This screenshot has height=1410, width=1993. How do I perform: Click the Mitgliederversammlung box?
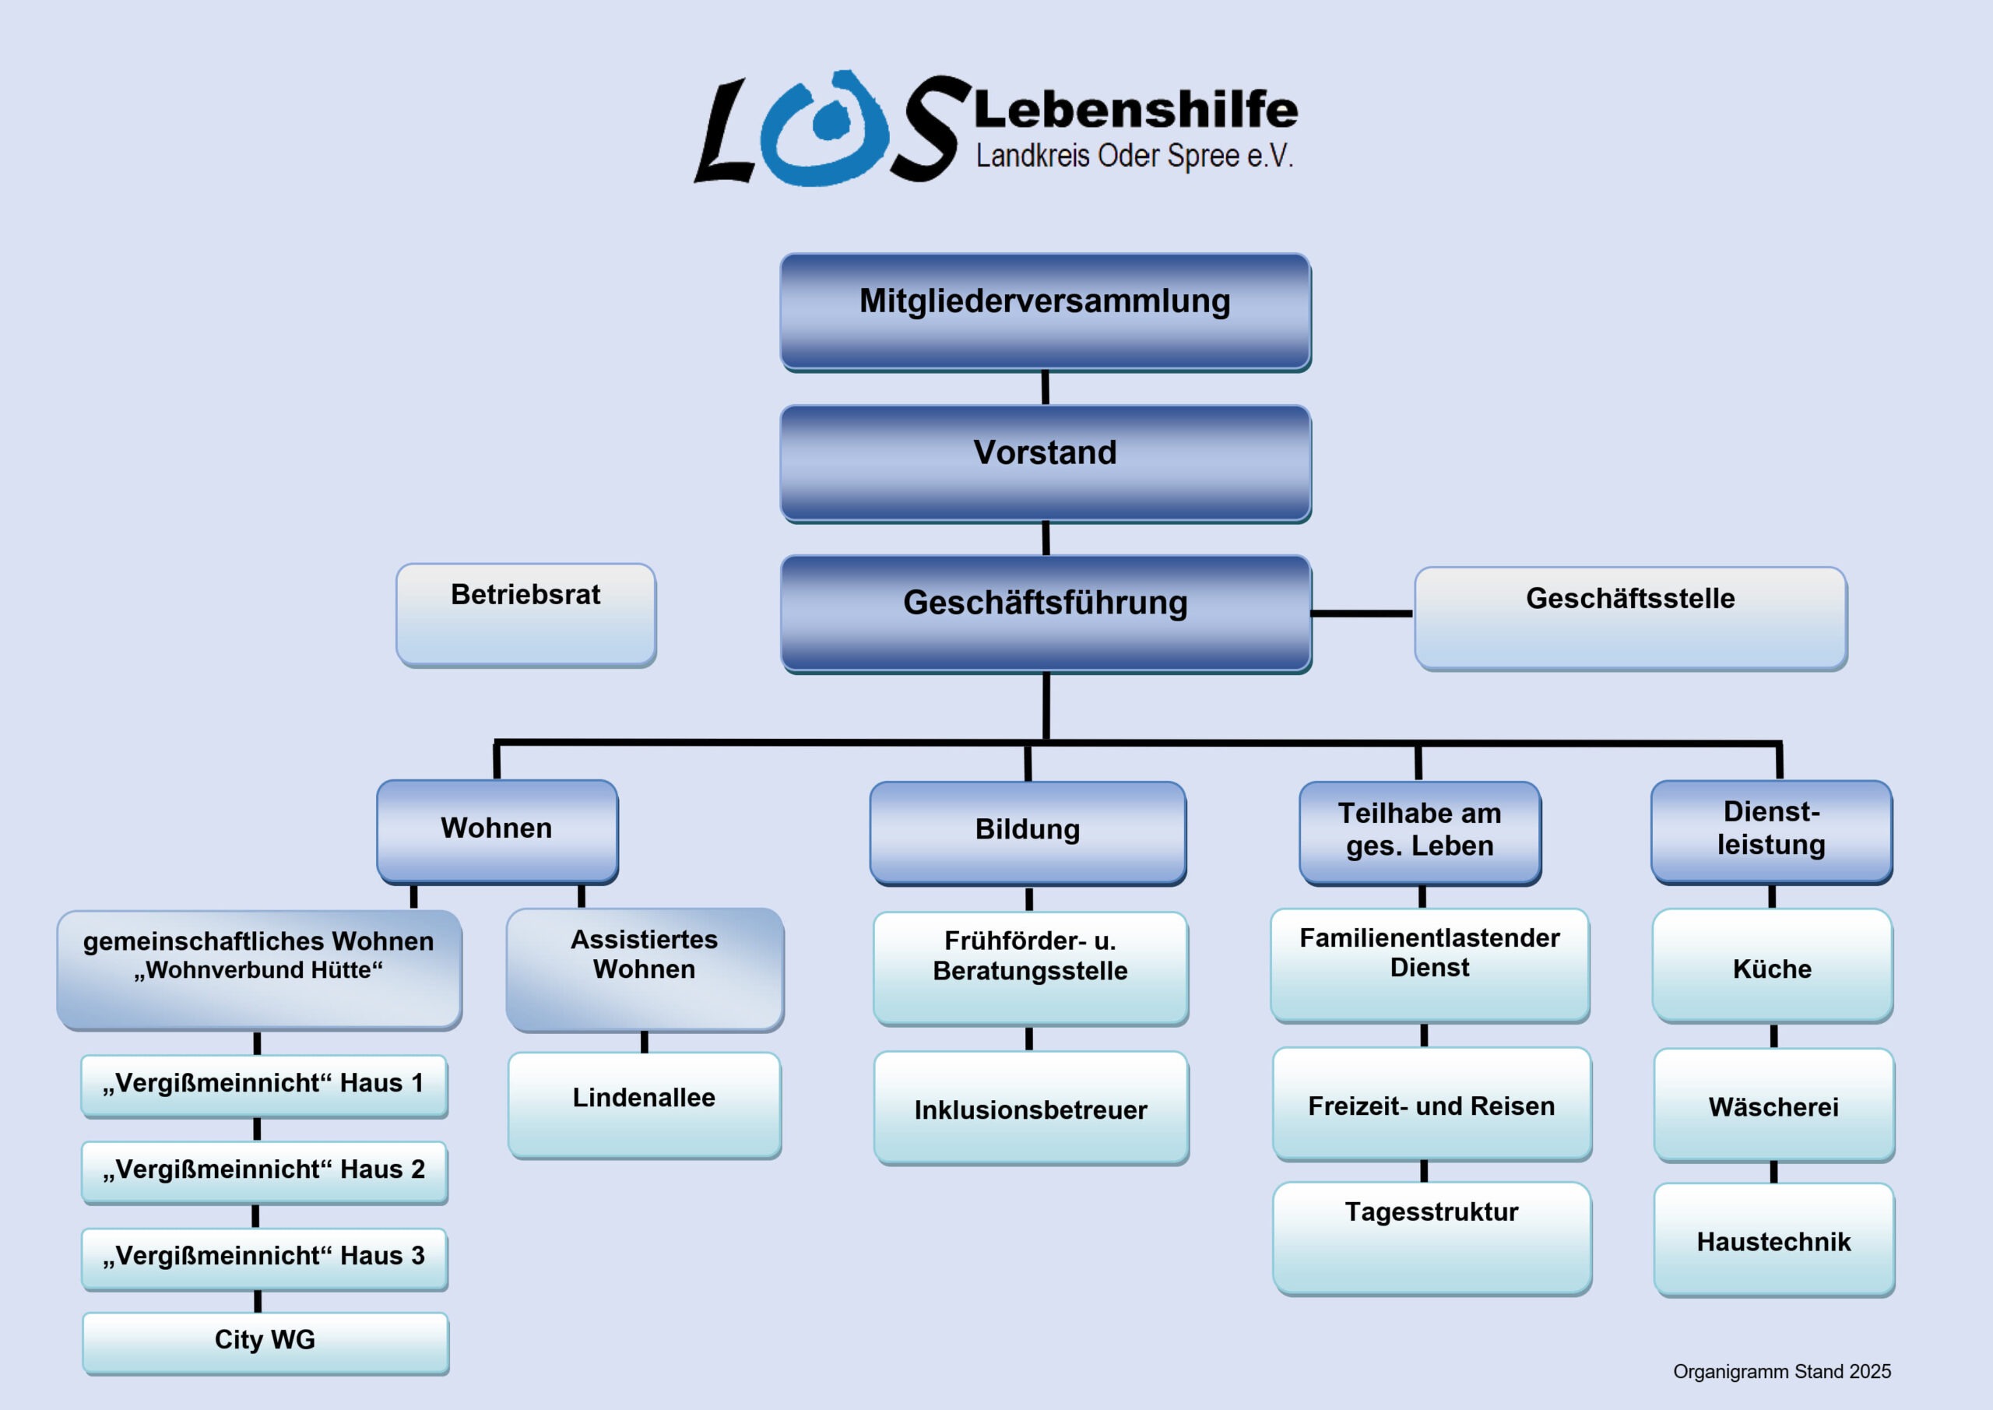point(1045,311)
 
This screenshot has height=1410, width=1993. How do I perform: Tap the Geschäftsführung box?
point(1045,612)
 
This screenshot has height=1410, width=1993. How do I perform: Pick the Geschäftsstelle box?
point(1630,617)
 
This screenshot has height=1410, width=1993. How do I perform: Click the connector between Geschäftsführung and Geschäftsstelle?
point(1361,613)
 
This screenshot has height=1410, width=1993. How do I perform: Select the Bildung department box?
point(1028,832)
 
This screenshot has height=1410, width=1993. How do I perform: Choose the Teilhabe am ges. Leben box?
point(1420,832)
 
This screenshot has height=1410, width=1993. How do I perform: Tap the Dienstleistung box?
point(1771,831)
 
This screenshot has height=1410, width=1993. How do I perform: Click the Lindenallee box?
point(644,1104)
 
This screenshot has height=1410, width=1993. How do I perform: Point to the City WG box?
point(265,1342)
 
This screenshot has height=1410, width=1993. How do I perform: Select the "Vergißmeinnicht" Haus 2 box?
point(265,1171)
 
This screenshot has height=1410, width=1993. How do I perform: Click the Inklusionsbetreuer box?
point(1032,1108)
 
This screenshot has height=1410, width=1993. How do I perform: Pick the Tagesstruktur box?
point(1432,1237)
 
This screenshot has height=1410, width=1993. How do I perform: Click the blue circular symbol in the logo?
point(824,128)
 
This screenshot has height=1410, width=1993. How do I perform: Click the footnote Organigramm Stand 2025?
point(1781,1371)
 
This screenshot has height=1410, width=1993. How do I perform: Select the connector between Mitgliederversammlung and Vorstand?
point(1045,387)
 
